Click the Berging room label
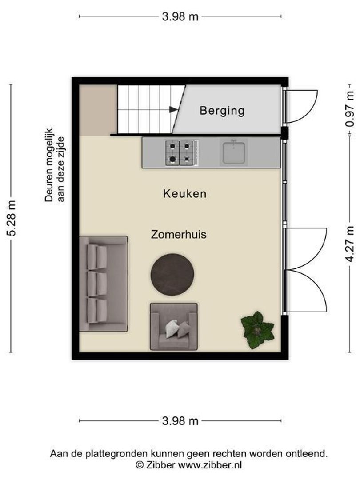(x=222, y=110)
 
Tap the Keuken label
(x=184, y=194)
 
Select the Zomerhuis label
(x=179, y=234)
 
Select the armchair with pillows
(x=174, y=327)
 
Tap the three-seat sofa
(x=103, y=284)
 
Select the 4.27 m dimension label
(x=351, y=244)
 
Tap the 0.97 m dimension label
(x=351, y=109)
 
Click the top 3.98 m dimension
(x=180, y=17)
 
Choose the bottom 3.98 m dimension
(x=180, y=421)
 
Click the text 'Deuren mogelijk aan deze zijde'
(x=55, y=170)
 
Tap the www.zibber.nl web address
(x=210, y=465)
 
